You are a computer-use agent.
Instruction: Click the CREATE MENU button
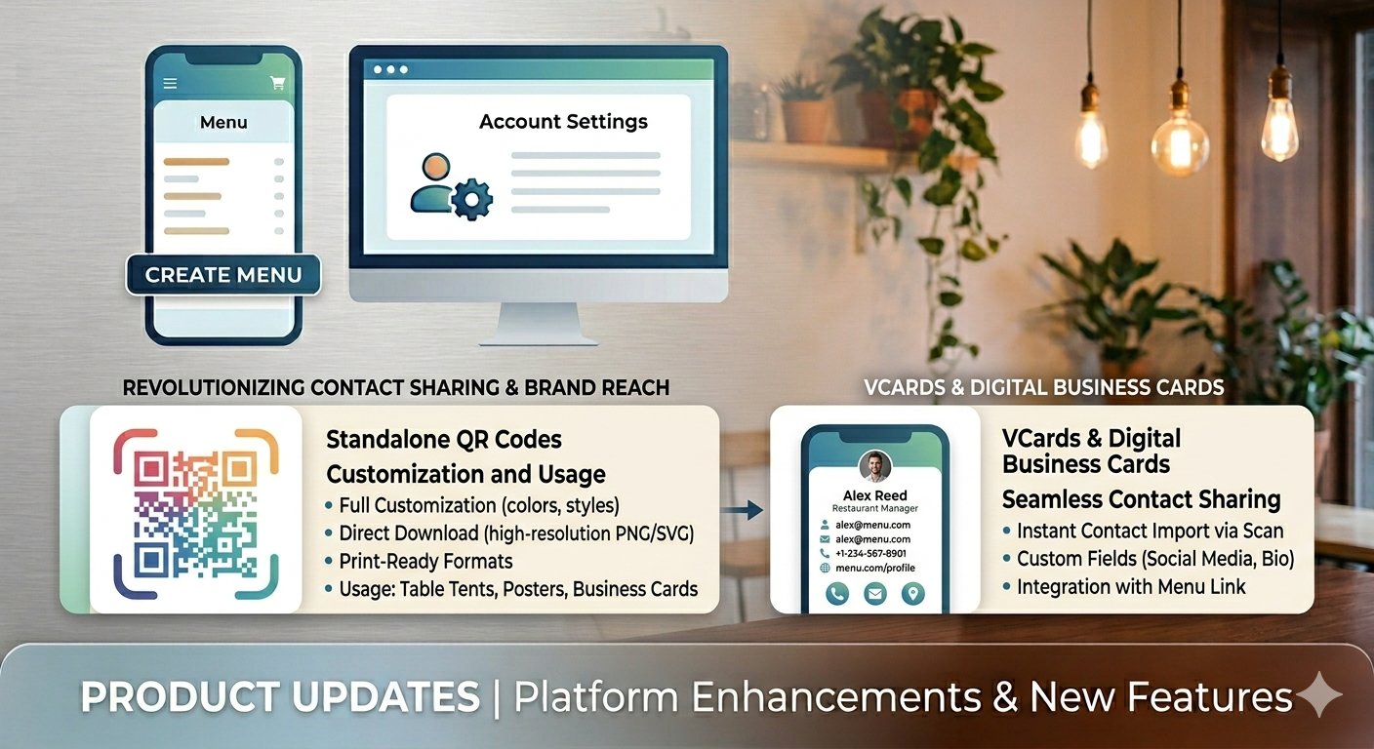(223, 275)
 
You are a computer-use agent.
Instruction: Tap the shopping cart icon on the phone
(277, 84)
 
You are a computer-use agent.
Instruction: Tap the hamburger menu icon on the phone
(170, 84)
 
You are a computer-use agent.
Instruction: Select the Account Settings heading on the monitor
(563, 122)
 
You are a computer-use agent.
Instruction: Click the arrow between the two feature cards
(748, 508)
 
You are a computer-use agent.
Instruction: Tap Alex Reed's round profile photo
(875, 466)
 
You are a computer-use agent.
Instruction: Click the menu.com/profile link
(874, 568)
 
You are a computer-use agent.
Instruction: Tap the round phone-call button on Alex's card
(837, 593)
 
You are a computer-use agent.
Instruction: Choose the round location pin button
(912, 593)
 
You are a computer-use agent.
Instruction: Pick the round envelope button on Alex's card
(875, 593)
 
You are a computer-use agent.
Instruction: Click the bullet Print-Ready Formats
(425, 561)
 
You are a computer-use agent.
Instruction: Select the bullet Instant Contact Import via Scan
(1150, 531)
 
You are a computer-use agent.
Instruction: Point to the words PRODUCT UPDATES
(280, 697)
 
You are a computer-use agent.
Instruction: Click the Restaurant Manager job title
(875, 508)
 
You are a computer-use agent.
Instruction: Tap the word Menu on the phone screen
(223, 123)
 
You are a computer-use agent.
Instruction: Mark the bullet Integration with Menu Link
(1131, 586)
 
